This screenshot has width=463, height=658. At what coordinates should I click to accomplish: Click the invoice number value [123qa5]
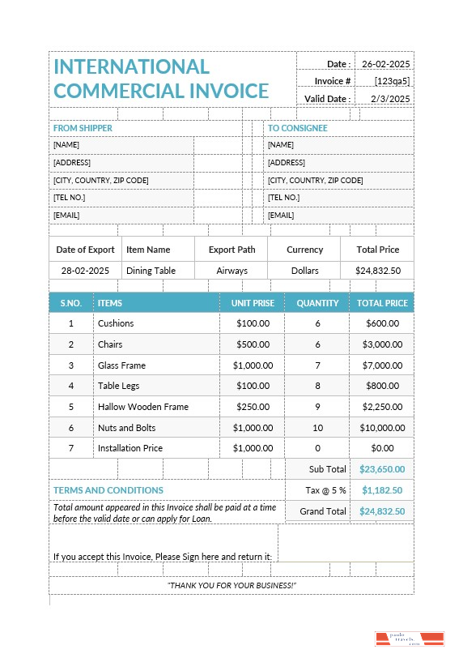(392, 81)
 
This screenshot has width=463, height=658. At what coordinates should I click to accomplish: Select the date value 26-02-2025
(385, 64)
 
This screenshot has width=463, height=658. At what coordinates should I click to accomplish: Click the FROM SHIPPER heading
(83, 128)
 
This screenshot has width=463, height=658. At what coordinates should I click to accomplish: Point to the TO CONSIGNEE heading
(297, 128)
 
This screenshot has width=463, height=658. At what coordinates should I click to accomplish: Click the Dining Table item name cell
(151, 271)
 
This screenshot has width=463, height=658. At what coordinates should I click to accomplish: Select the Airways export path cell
(231, 271)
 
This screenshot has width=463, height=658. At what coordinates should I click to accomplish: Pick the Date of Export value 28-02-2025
(85, 271)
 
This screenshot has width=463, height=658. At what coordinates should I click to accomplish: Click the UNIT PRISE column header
(253, 303)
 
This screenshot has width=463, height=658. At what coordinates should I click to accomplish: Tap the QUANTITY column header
(317, 303)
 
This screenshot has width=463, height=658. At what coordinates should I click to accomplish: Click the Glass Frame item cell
(121, 365)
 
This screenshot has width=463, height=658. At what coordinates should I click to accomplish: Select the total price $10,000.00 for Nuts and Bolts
(382, 428)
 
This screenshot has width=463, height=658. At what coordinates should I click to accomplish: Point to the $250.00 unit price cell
(253, 407)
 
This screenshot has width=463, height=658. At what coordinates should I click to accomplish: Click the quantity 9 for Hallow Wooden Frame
(317, 407)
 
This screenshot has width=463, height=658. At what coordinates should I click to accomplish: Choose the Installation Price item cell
(130, 448)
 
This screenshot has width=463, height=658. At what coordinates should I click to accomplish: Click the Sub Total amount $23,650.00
(382, 469)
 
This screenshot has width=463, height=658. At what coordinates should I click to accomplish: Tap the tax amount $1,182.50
(382, 490)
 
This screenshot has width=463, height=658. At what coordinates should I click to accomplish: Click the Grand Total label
(323, 511)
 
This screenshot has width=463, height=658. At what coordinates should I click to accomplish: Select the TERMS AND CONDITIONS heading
(108, 490)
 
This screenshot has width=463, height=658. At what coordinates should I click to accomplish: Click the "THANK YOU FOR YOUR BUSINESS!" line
(231, 585)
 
